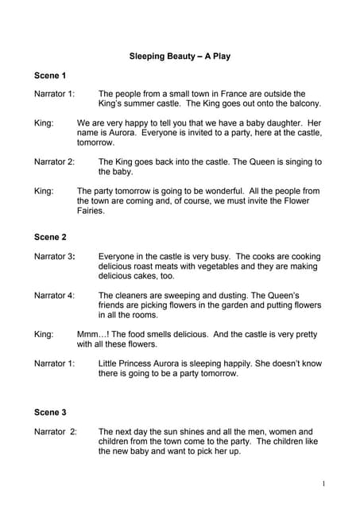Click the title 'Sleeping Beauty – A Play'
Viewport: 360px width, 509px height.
tap(180, 56)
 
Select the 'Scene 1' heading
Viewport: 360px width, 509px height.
tap(50, 76)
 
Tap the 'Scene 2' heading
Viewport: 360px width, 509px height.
tap(50, 238)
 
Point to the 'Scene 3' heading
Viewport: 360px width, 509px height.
tap(50, 413)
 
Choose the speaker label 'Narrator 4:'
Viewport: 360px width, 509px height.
tap(54, 296)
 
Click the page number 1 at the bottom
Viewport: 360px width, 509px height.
tap(324, 483)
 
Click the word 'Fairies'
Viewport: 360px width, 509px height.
tap(91, 211)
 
